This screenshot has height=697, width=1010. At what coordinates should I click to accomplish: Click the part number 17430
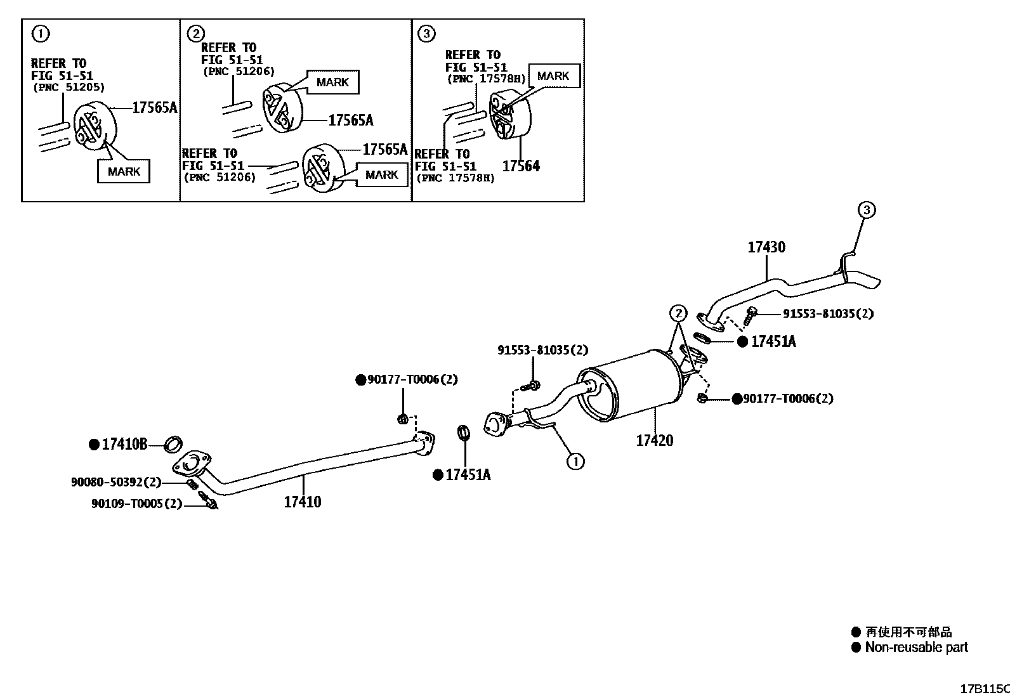766,247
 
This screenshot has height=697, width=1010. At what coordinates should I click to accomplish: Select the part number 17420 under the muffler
654,440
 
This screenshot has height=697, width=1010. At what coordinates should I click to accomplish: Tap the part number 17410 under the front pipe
302,502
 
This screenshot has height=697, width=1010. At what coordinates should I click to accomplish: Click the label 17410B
124,445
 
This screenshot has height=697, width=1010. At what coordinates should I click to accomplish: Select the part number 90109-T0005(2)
136,504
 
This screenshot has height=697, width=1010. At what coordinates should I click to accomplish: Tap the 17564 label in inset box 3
521,166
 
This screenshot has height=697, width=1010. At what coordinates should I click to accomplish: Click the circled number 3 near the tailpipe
867,209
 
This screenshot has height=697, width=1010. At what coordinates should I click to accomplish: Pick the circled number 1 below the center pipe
575,461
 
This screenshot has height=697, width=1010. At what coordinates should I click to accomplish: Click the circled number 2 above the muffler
678,313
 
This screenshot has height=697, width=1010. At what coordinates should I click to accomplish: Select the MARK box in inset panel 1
124,171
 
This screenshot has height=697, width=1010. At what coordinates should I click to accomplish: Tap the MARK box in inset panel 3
553,76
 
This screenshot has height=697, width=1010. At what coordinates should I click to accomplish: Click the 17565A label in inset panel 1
154,107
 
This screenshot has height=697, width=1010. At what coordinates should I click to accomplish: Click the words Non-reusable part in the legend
916,648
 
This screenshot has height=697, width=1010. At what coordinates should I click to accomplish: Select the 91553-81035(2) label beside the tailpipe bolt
827,313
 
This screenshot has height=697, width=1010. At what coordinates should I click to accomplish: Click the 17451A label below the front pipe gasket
468,475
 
